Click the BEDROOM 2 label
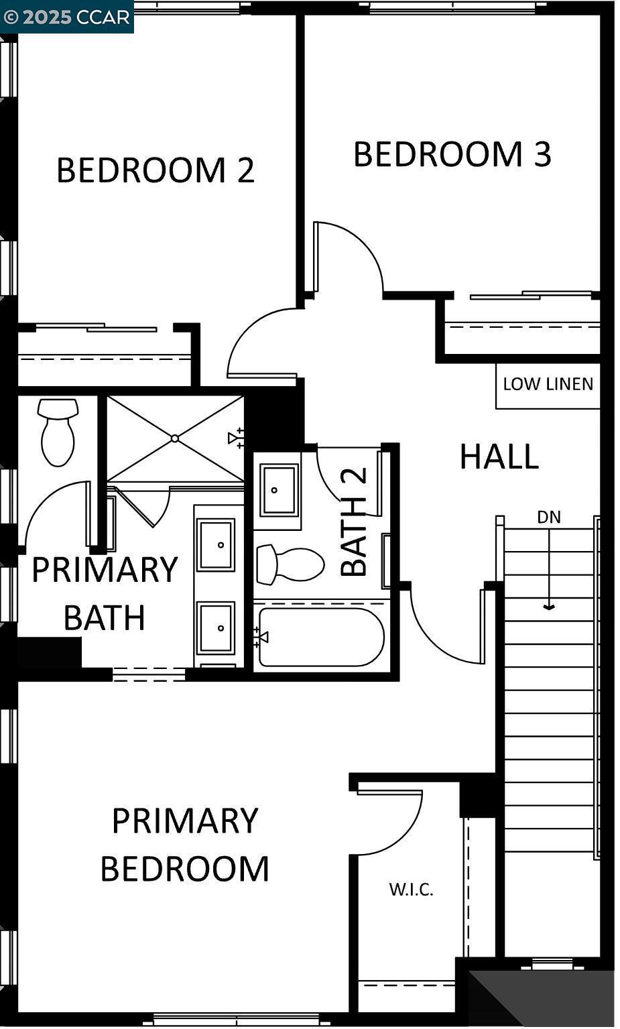(156, 170)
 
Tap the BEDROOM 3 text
(452, 154)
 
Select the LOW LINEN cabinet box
(548, 385)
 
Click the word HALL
(499, 457)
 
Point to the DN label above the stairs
(549, 517)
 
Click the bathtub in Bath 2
(321, 637)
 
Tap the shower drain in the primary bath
(175, 438)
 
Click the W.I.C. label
(411, 890)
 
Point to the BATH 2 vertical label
(355, 523)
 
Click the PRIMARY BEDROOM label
(184, 845)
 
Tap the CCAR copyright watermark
(66, 17)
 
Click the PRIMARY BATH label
(105, 593)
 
